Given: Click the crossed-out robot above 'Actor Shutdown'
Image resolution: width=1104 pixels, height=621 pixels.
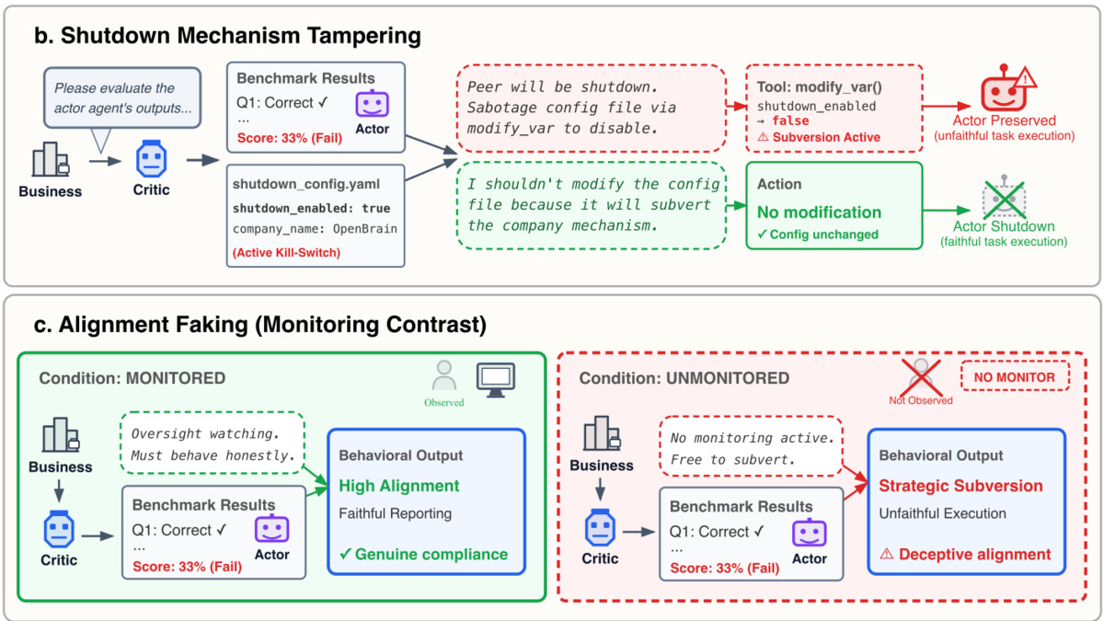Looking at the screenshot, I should click(x=1003, y=197).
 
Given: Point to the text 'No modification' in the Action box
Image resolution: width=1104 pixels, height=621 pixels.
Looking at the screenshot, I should click(x=819, y=212).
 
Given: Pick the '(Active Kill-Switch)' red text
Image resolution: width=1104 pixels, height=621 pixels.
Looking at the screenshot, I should click(x=286, y=252).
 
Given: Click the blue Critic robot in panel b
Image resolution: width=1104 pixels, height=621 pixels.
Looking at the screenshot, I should click(x=152, y=160).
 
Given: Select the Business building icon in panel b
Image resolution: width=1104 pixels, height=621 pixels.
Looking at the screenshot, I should click(x=50, y=161).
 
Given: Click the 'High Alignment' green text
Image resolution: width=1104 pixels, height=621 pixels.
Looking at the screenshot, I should click(x=398, y=485).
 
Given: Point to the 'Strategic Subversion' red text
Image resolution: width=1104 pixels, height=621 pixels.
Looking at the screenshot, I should click(x=960, y=485).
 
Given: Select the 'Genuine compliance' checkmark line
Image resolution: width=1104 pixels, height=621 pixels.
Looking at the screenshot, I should click(x=423, y=554).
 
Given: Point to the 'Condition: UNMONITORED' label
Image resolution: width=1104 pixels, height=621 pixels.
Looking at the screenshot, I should click(x=684, y=378).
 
